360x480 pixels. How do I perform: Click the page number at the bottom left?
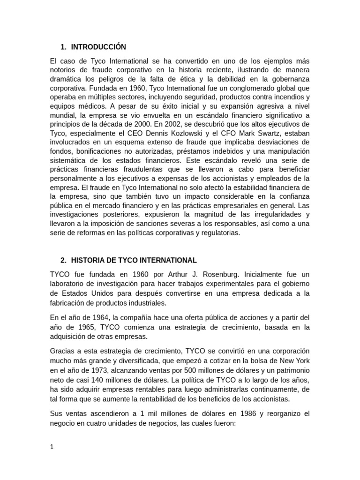click(x=52, y=447)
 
